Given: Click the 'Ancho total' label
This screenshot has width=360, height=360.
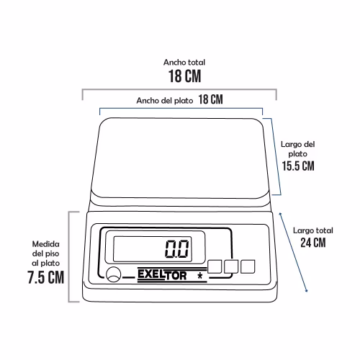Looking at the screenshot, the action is tap(184, 63).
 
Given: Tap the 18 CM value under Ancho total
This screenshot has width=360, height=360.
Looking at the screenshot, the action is tap(184, 76).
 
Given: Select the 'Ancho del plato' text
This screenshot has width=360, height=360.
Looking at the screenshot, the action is tap(165, 101).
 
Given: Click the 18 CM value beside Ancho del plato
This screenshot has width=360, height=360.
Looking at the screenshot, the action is tap(210, 99).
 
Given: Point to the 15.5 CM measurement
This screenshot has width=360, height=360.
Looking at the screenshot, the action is tap(298, 166).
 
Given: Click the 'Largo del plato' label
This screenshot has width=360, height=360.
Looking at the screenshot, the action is tap(297, 149).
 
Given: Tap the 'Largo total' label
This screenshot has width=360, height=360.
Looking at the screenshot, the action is tap(313, 230).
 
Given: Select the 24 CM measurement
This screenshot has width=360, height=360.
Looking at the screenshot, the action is tap(313, 243).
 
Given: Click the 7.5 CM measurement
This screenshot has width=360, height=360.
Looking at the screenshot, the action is tap(45, 277).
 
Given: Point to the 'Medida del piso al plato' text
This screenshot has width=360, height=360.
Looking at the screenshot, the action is tap(45, 253).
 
